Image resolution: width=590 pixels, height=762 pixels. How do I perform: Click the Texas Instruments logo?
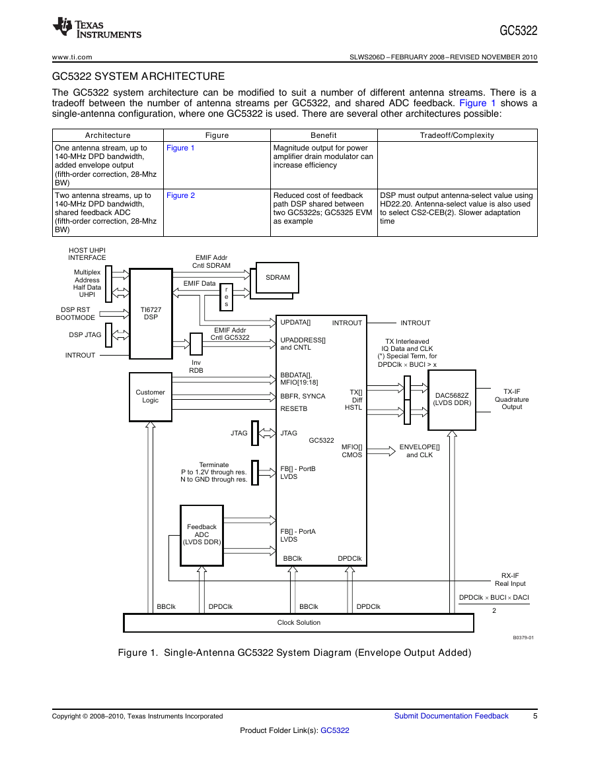(97, 28)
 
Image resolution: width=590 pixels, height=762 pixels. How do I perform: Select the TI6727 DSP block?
(151, 313)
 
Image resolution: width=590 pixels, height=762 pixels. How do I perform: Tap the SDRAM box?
(277, 278)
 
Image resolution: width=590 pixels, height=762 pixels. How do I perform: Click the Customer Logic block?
(151, 397)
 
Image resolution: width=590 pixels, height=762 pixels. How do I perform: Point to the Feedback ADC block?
(202, 535)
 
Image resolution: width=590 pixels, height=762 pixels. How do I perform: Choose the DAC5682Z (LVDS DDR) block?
(452, 399)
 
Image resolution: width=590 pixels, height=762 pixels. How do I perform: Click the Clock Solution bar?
(299, 623)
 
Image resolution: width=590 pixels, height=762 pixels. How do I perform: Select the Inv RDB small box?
(196, 344)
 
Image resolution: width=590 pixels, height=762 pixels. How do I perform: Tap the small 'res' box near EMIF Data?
(227, 296)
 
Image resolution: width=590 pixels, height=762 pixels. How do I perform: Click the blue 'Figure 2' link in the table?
(180, 195)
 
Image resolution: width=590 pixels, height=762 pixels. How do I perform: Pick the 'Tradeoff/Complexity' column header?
(457, 135)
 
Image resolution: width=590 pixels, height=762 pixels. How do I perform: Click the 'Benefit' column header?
(324, 135)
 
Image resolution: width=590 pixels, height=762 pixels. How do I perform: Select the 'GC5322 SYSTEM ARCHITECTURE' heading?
(138, 77)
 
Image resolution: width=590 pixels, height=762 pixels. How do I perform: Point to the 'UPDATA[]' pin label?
(295, 322)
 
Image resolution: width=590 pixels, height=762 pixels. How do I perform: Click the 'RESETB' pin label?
(294, 408)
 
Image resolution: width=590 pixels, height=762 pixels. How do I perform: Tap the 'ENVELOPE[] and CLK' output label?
(420, 451)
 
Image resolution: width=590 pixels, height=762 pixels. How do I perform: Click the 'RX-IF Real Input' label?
(510, 579)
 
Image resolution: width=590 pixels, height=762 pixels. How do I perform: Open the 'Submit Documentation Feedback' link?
(451, 716)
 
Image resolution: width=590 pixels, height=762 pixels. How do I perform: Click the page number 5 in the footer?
(535, 716)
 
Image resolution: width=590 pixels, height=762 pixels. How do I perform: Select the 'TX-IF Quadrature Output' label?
(511, 399)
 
